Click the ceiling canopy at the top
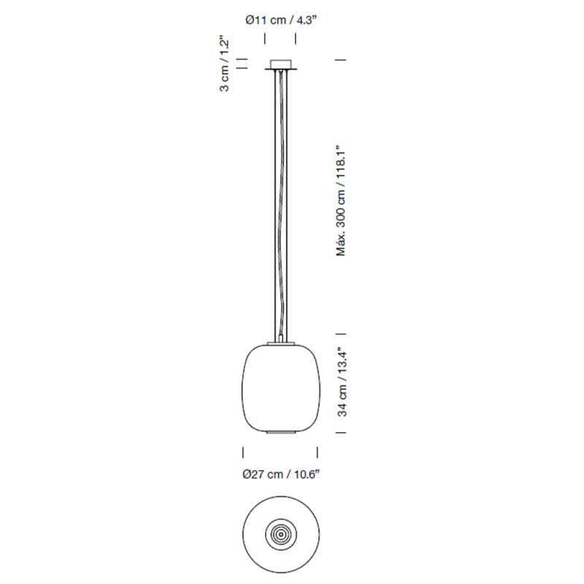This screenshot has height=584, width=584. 280,66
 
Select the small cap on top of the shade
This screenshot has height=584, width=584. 280,342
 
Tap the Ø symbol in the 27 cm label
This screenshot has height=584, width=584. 247,475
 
